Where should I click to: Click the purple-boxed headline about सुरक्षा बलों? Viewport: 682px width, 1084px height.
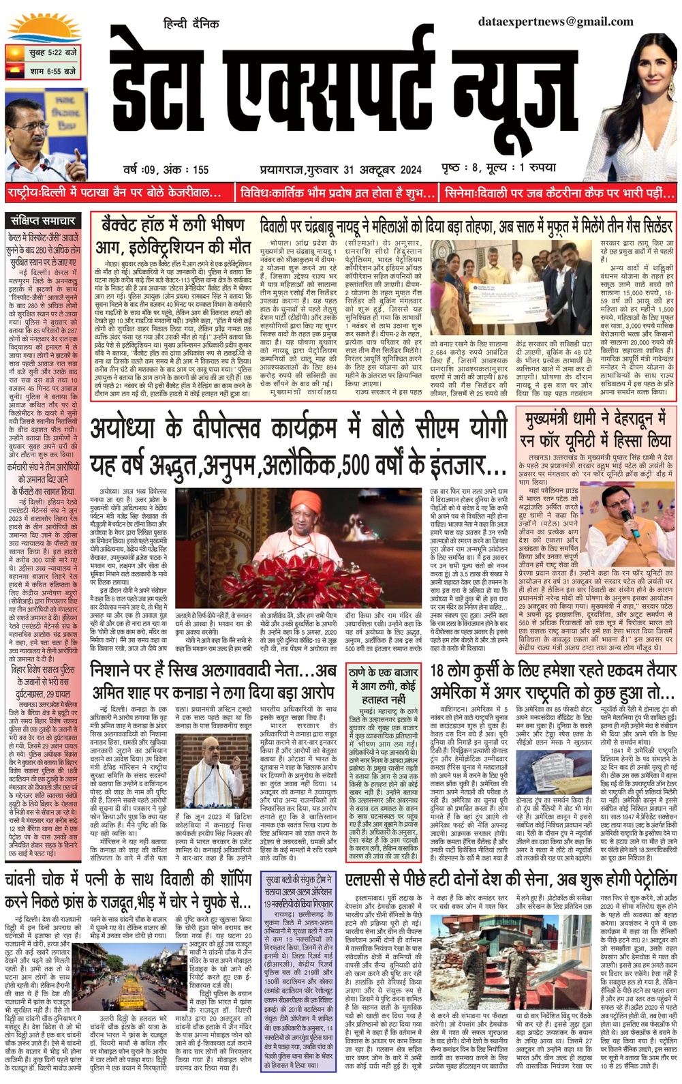[299, 890]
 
